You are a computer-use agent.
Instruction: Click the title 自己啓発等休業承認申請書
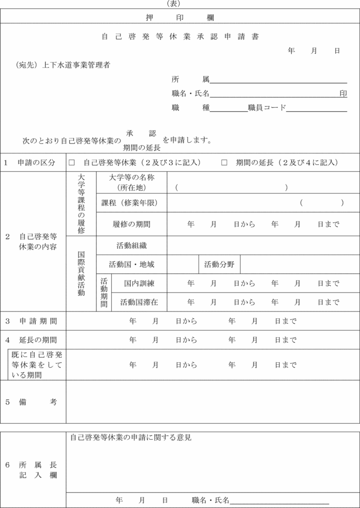(180, 36)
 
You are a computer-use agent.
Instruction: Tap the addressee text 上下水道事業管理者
(76, 65)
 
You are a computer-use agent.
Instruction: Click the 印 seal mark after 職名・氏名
(343, 93)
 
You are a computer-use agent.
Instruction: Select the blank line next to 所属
(278, 80)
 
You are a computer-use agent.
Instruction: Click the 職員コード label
(267, 108)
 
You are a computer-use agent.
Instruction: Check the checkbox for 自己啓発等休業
(72, 163)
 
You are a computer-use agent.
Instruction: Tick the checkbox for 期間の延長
(224, 163)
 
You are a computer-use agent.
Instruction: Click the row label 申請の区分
(36, 163)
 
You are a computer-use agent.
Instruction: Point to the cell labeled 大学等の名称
(132, 182)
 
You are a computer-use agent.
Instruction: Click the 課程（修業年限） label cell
(132, 203)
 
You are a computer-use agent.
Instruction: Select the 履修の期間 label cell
(132, 224)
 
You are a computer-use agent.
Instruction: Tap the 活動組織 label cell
(132, 245)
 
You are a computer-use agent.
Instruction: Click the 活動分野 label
(219, 265)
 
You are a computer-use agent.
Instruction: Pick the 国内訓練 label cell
(139, 283)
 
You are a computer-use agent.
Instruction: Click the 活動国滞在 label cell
(139, 302)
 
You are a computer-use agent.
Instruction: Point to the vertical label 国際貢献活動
(81, 273)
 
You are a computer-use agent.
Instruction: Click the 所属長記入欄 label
(37, 470)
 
